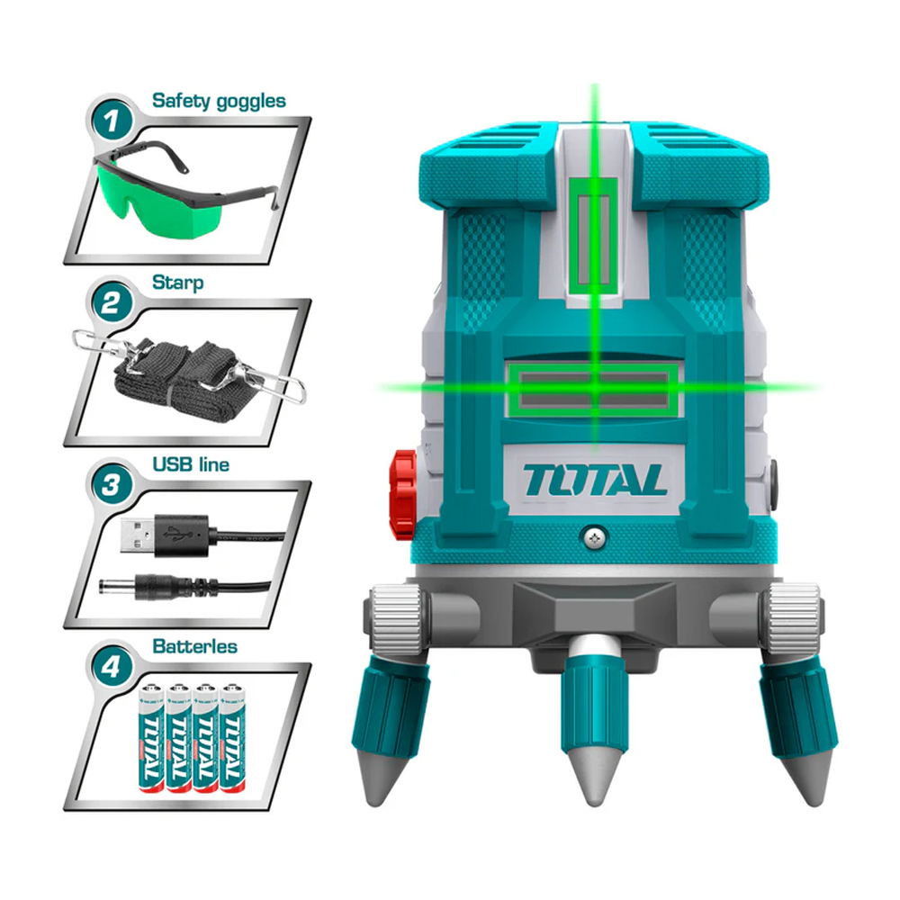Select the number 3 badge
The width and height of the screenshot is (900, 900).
[112, 486]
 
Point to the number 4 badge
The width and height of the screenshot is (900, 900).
[112, 668]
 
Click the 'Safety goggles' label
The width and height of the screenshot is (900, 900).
[219, 100]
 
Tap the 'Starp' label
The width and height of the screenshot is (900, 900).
[178, 283]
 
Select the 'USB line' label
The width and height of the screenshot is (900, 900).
[191, 464]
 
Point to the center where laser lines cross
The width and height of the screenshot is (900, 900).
[595, 387]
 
